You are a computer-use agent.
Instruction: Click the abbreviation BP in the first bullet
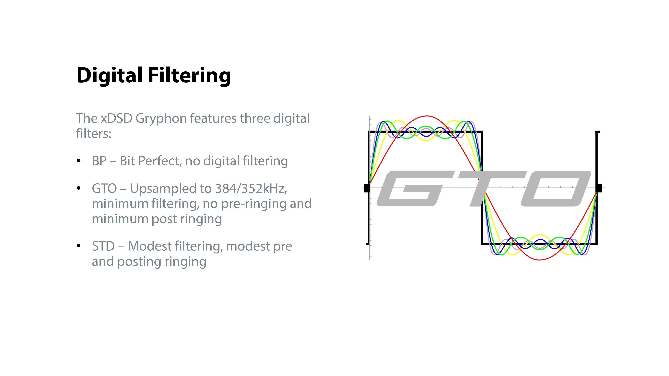pos(99,161)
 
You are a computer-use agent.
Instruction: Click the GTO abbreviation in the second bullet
pos(104,188)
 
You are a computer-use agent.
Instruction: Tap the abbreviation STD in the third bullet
pos(103,246)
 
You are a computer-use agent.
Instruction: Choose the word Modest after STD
pos(150,246)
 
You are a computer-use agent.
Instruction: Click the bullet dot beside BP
pos(79,161)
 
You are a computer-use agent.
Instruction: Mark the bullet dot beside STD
pos(79,246)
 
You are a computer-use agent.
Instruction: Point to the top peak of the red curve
pos(427,116)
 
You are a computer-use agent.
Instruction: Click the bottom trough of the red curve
pos(539,260)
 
